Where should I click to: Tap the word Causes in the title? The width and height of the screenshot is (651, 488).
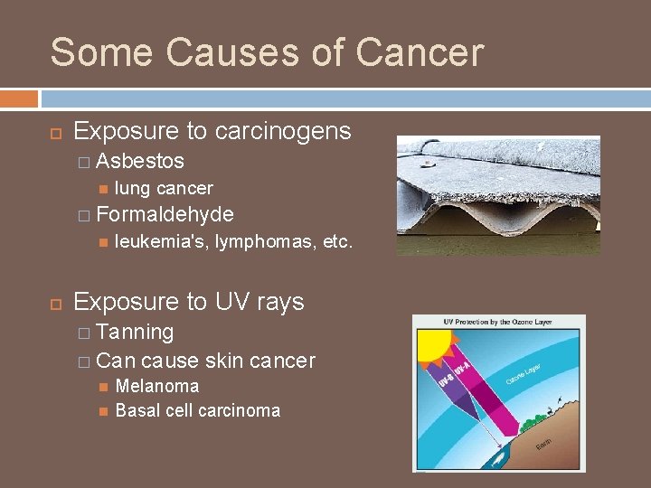(x=215, y=52)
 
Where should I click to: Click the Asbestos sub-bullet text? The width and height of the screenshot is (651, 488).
(x=139, y=161)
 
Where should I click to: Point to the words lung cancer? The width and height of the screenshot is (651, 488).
(x=164, y=188)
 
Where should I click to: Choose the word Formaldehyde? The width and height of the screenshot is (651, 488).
(x=164, y=214)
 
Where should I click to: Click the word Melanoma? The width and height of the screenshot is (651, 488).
(x=157, y=386)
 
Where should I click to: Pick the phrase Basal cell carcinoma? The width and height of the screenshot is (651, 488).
(x=198, y=410)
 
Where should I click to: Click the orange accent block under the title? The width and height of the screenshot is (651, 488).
(x=19, y=98)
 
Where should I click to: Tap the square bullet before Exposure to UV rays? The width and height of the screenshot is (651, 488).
(x=54, y=303)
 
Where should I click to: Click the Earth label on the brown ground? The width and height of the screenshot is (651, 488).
(x=543, y=444)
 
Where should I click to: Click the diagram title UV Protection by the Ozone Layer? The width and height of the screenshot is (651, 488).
(x=498, y=323)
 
